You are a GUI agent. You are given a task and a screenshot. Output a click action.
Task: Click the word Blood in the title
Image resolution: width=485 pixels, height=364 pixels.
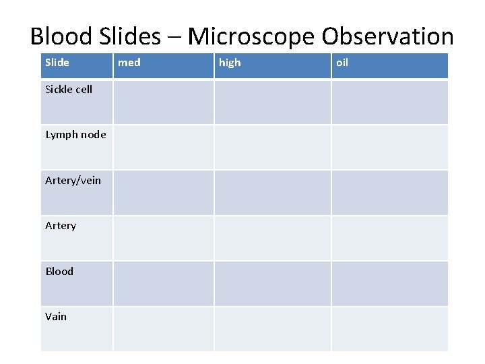click(61, 36)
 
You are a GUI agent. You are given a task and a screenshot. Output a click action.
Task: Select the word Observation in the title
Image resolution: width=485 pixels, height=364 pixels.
click(392, 36)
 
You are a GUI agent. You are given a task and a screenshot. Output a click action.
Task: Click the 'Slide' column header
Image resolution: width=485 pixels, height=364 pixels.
click(57, 63)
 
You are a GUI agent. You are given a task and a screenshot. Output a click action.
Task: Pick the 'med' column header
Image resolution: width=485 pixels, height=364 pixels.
click(129, 63)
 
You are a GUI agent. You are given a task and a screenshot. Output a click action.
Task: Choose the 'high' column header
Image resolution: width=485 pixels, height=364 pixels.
click(230, 63)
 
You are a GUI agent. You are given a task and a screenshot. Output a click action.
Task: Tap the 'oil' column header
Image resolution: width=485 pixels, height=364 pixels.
click(342, 63)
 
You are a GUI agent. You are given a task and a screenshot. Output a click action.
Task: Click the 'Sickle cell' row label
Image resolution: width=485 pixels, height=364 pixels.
click(69, 90)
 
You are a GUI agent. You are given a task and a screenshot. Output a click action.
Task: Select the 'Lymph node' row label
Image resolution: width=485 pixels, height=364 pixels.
click(75, 135)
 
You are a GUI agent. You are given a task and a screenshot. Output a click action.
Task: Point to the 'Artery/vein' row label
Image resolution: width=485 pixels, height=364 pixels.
click(73, 180)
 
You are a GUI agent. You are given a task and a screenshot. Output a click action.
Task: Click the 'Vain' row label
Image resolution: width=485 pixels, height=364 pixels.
click(56, 316)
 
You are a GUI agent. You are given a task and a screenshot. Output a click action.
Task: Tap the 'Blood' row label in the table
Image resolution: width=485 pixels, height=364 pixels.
click(59, 271)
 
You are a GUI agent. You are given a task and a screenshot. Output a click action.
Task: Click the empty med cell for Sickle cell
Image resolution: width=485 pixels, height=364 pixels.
click(163, 102)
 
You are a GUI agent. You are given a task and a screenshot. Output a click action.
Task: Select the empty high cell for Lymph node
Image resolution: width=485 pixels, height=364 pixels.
click(272, 147)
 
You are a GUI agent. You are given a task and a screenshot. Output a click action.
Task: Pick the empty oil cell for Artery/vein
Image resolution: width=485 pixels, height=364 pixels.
click(389, 192)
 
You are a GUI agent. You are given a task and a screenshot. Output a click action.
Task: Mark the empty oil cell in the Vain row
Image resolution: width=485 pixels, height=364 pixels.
click(389, 329)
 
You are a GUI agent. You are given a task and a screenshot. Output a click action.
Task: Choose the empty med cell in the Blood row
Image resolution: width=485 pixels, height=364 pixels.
click(163, 283)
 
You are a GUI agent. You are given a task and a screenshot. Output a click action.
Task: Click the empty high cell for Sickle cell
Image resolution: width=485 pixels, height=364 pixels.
click(272, 102)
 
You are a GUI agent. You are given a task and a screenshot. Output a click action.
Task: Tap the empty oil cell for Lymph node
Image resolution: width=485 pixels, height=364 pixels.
click(389, 147)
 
